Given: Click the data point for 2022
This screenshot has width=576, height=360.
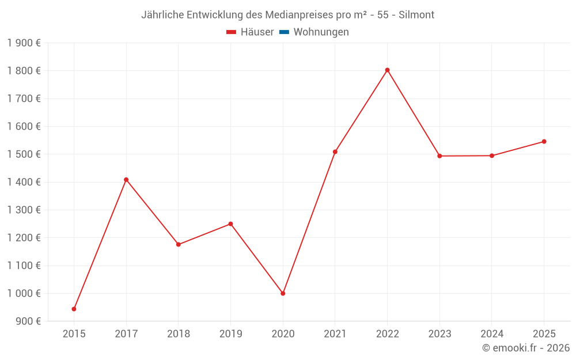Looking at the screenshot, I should coord(387,70).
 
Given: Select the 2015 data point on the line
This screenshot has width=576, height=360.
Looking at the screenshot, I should coord(74,309).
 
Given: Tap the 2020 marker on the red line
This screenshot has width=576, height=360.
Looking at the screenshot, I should coord(283,293).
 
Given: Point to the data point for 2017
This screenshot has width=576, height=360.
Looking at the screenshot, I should coord(126,180).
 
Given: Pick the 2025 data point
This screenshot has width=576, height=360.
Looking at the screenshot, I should coord(544,142).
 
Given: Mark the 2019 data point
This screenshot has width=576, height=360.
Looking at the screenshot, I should coord(230,224).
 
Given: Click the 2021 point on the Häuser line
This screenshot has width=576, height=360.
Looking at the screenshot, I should coord(335,152).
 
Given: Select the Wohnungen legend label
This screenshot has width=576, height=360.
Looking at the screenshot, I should coord(321,32).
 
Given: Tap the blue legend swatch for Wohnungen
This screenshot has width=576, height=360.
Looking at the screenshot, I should coord(284,32).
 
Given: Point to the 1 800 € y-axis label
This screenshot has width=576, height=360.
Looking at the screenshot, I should coord(24,71).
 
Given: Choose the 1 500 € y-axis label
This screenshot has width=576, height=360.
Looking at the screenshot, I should coord(24,154).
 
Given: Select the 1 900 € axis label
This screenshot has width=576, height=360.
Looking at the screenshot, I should coord(24,43).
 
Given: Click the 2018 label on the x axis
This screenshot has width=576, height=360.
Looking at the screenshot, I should coord(179,334).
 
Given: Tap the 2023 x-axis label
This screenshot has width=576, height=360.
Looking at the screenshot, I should coord(439,334).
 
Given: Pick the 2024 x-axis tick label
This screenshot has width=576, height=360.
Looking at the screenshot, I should coord(492,334).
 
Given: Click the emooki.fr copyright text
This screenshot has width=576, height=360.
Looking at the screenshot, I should coord(526,348).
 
